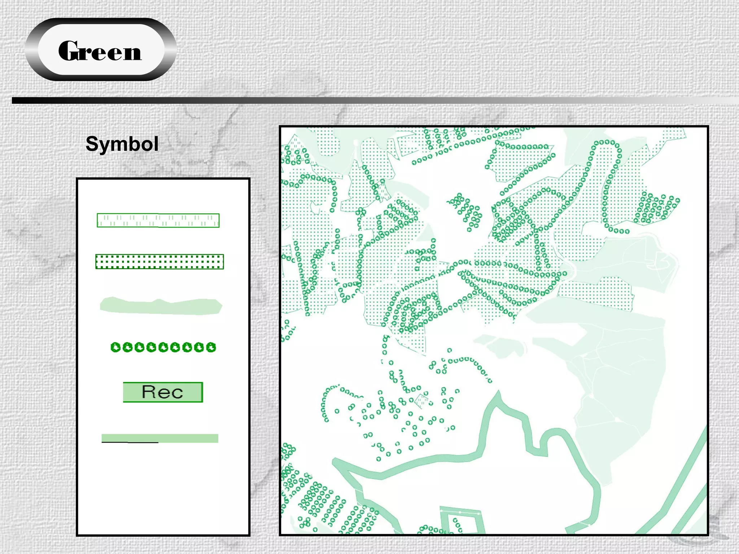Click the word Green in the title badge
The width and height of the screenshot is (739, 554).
(100, 51)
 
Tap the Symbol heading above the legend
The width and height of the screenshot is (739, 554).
(122, 144)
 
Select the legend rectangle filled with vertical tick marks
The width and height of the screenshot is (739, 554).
(158, 220)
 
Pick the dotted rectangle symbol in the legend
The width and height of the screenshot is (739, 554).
(159, 261)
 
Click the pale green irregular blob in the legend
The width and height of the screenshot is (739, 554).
(161, 306)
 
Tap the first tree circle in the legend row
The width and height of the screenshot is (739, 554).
(115, 347)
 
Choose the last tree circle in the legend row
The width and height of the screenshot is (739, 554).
(211, 347)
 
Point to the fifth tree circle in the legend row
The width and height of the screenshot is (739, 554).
(163, 347)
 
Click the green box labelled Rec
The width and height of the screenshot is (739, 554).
(163, 392)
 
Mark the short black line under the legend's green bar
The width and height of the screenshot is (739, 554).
(130, 442)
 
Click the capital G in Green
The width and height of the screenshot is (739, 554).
(69, 51)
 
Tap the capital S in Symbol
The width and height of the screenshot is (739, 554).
(92, 144)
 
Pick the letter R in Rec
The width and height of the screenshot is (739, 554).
(150, 392)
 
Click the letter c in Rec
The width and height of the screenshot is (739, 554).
(177, 393)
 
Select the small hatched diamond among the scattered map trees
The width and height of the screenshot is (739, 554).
(422, 400)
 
